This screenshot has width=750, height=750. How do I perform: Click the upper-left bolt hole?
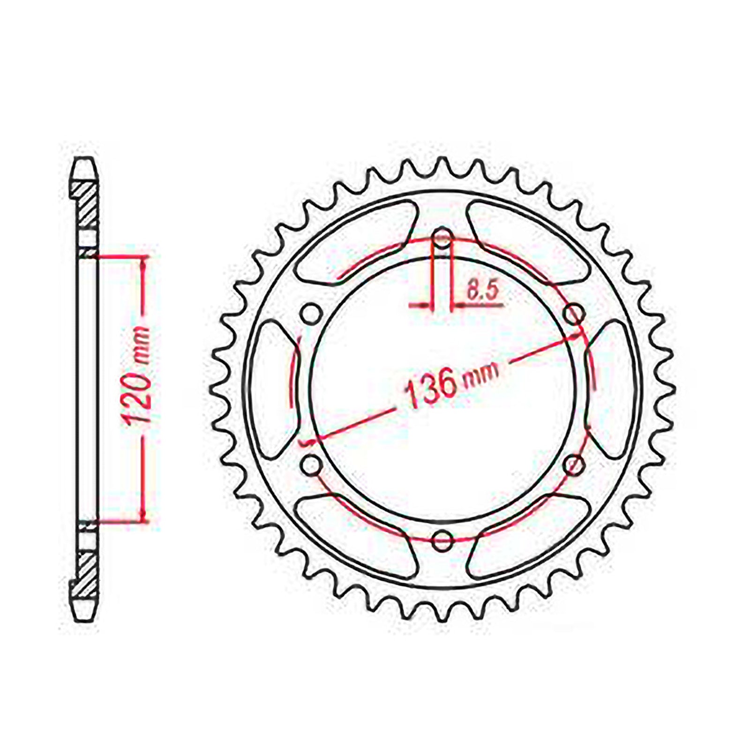tap(309, 315)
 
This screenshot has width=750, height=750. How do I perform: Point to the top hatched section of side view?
tap(87, 206)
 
